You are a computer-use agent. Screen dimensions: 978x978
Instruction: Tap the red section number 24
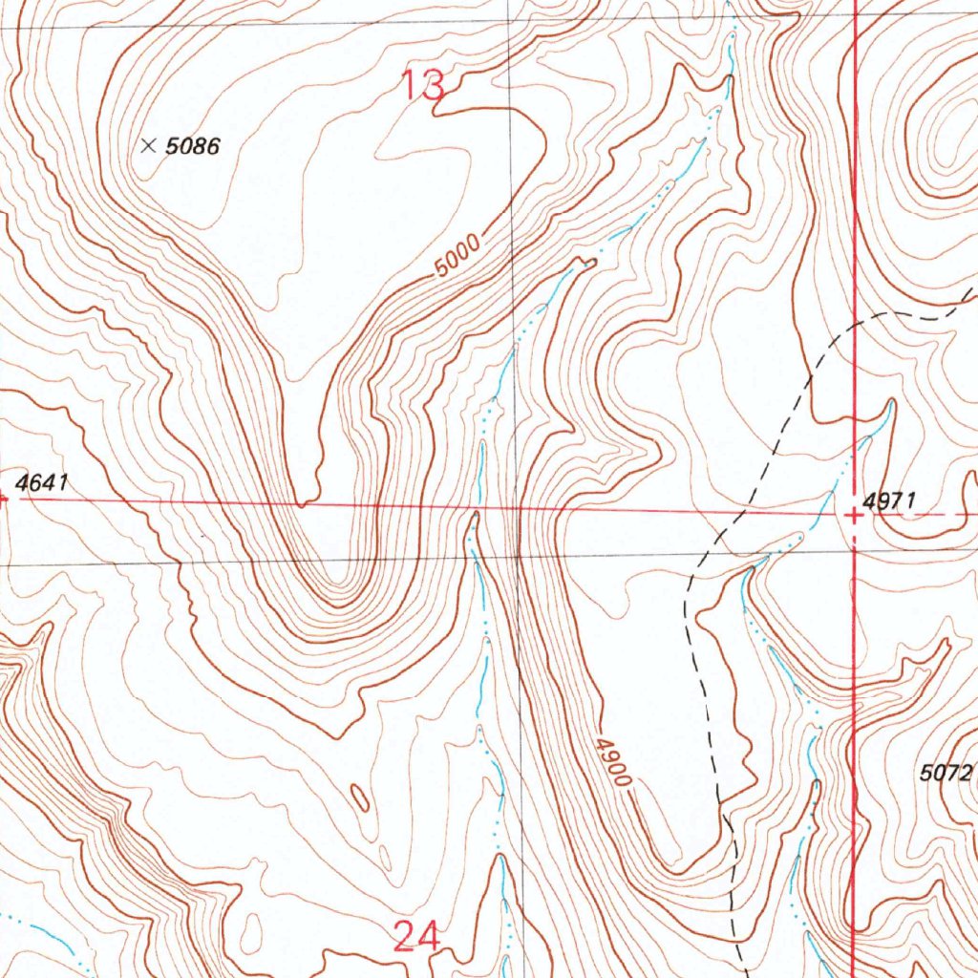416,936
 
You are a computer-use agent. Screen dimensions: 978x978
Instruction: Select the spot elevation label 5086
193,147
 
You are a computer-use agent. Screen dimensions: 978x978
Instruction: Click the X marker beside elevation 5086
148,146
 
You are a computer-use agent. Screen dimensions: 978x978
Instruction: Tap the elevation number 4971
889,500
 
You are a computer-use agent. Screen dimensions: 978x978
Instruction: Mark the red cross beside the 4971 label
855,516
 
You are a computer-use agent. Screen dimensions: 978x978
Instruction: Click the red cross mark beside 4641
3,497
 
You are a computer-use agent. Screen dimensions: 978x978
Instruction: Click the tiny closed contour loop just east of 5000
586,261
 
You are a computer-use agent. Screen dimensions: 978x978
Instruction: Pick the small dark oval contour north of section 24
359,797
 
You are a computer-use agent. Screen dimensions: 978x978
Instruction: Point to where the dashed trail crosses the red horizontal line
735,512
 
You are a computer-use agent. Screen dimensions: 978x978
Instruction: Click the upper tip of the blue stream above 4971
890,403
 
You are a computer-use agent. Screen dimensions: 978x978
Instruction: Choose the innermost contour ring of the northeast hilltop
951,143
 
